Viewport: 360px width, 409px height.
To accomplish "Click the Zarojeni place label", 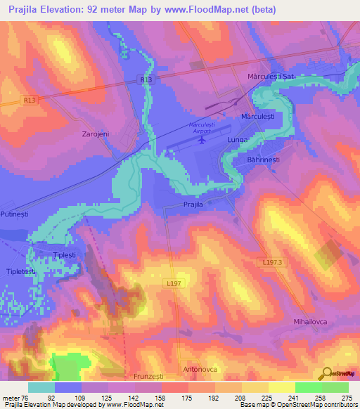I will coord(95,133).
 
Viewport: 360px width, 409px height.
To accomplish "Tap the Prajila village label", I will coord(193,204).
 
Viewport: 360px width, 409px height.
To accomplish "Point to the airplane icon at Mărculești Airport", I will coord(202,139).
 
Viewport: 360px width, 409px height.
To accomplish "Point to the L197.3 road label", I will coord(270,262).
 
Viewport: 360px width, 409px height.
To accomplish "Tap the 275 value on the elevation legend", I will coord(348,396).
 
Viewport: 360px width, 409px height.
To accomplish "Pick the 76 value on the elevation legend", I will coord(26,396).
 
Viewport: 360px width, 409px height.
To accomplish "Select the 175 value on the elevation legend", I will coord(188,396).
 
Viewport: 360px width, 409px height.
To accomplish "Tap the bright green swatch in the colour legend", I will coord(308,387).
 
